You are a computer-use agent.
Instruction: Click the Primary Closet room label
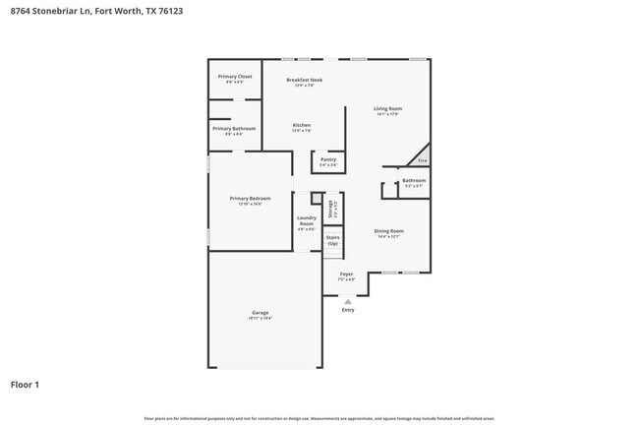coord(235,76)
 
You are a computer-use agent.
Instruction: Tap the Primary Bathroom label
coord(235,129)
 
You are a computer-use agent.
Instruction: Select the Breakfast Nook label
coord(304,80)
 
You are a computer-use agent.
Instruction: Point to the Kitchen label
coord(302,125)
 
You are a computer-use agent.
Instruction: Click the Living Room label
coord(387,109)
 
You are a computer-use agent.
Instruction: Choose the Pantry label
coord(328,159)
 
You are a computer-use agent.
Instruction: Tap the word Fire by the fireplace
coord(422,160)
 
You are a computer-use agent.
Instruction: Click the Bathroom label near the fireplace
coord(414,180)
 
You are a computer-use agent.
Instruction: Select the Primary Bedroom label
coord(250,199)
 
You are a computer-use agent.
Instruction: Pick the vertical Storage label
coord(331,209)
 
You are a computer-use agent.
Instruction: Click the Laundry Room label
coord(307,220)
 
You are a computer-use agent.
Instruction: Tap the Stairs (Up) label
coord(332,239)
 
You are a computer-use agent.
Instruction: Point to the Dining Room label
coord(389,231)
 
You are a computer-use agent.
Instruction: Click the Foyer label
coord(346,274)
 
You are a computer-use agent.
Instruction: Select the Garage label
coord(260,313)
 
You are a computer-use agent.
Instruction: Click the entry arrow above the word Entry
coord(347,301)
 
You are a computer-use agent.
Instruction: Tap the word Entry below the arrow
coord(347,310)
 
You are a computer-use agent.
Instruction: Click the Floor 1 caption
coord(25,385)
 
